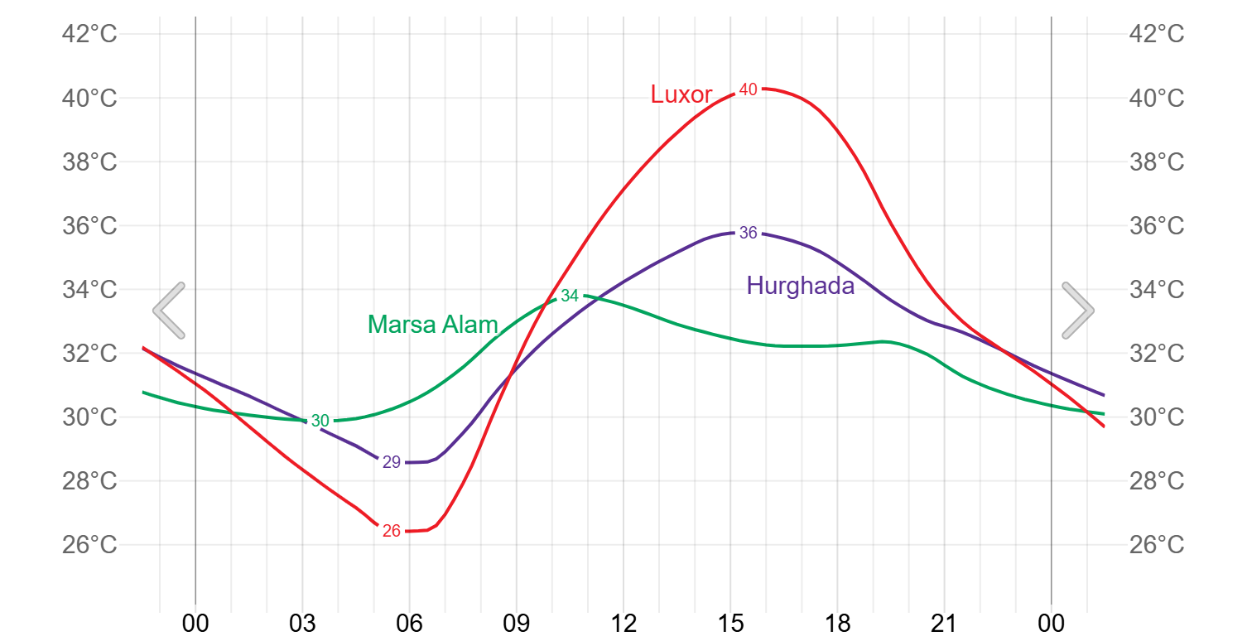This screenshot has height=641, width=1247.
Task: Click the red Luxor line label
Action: [681, 94]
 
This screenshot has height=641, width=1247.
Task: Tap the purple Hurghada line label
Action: [800, 286]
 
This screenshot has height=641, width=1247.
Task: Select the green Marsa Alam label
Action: [432, 325]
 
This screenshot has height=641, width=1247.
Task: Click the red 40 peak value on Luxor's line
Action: [748, 89]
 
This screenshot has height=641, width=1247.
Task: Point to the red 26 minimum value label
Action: [392, 531]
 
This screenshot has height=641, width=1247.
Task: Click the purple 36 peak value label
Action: [748, 233]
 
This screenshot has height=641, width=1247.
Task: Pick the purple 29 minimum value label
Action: [392, 462]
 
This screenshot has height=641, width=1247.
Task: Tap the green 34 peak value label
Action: [570, 296]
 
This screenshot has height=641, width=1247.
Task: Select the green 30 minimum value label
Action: [320, 421]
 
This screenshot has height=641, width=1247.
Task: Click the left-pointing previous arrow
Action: [169, 311]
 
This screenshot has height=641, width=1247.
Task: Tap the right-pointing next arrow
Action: [1078, 311]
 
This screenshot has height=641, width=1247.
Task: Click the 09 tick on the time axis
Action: [517, 623]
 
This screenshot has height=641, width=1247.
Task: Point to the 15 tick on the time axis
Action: [730, 623]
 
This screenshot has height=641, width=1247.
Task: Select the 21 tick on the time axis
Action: [944, 623]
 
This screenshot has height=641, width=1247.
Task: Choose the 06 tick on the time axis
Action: [409, 623]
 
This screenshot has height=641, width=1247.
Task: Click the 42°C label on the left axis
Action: [89, 35]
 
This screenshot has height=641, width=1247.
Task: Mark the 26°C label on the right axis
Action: [1157, 545]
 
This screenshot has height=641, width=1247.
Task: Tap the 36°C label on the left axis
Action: [89, 226]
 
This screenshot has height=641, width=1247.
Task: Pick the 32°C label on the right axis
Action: [1157, 354]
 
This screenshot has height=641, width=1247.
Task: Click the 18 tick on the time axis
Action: [837, 623]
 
